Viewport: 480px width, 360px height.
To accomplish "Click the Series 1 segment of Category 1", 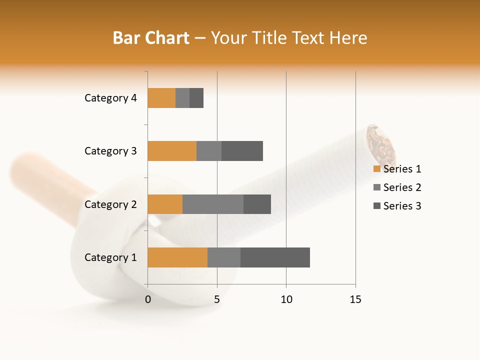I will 177,257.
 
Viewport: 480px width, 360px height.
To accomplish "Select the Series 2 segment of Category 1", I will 224,257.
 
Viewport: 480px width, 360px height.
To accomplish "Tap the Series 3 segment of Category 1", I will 275,257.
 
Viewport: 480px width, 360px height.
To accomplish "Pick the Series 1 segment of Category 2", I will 165,204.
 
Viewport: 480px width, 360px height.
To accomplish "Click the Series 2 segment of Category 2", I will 213,204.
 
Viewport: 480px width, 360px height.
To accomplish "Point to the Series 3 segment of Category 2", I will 257,204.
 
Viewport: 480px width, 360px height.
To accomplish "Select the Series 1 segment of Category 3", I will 172,151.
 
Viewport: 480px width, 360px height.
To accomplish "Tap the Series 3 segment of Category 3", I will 242,151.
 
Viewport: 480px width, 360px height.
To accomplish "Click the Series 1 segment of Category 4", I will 161,98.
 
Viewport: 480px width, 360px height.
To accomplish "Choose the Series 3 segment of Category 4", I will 196,98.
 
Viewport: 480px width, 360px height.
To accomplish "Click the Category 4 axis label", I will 110,98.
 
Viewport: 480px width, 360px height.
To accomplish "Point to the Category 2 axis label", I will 110,204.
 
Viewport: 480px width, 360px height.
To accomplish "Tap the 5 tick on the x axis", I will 217,299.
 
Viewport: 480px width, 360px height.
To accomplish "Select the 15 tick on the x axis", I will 355,299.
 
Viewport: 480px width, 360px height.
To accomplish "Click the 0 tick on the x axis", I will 148,299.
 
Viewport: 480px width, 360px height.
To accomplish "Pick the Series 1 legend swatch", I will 376,169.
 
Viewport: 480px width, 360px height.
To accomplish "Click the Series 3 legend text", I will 402,206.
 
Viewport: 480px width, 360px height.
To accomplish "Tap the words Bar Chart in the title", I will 151,38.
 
